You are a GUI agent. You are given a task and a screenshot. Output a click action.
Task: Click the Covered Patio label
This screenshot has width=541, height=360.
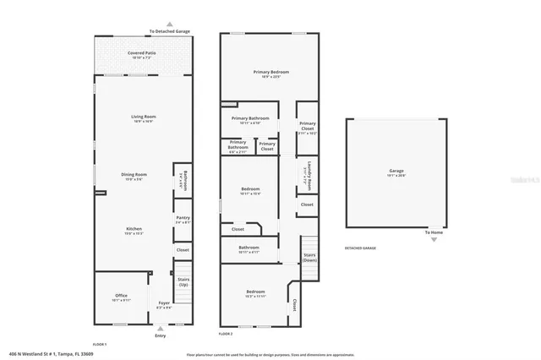tap(142, 52)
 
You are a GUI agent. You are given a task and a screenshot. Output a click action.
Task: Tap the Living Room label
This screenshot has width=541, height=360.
tap(142, 117)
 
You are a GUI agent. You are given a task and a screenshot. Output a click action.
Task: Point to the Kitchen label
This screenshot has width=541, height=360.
tap(134, 229)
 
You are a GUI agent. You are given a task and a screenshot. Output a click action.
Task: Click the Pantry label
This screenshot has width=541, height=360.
tap(183, 219)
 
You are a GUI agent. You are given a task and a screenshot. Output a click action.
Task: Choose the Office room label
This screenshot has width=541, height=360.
tap(121, 295)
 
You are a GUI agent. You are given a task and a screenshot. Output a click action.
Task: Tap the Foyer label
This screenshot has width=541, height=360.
tap(164, 305)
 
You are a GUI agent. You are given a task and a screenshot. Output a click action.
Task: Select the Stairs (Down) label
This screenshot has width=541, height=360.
tap(309, 255)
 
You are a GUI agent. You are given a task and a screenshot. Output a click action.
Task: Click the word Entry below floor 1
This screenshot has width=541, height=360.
tap(161, 336)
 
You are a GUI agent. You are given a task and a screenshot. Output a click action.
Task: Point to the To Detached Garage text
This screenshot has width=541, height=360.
tap(169, 31)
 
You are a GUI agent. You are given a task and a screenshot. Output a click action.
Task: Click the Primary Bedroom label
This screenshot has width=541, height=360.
tap(271, 73)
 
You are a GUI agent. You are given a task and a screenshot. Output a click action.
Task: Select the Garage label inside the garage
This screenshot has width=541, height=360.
tap(396, 172)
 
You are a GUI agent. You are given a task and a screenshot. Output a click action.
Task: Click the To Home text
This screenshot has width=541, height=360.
tap(434, 232)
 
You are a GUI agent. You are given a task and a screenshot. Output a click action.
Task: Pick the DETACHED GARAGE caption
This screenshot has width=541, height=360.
tap(360, 248)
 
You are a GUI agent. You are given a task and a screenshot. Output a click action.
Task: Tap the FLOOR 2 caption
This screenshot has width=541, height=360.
tap(226, 334)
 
